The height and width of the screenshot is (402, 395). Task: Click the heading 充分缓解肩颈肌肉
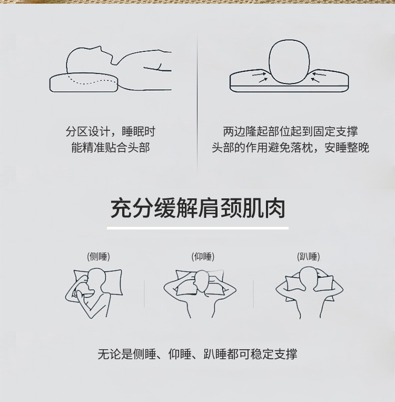(197, 208)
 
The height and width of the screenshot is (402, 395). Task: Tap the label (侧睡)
(98, 257)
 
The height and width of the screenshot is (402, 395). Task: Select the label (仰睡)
(203, 257)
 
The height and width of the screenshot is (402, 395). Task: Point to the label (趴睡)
(309, 257)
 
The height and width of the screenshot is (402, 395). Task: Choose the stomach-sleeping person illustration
(309, 290)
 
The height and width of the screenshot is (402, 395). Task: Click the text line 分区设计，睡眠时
(111, 131)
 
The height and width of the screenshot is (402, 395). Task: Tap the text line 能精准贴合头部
(111, 148)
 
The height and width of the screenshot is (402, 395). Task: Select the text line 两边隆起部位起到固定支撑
(290, 131)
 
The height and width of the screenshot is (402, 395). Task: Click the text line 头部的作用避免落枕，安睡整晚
(290, 148)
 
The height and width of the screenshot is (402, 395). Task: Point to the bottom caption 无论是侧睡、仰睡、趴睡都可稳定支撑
(197, 354)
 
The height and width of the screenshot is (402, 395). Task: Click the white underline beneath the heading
(197, 228)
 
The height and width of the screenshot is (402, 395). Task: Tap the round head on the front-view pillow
(289, 62)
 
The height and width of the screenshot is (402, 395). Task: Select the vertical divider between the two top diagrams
(197, 100)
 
